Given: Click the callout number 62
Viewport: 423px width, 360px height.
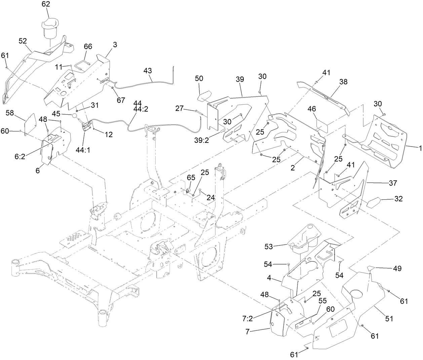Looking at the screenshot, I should click(46, 4).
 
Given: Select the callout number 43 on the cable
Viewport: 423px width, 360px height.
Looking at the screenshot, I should click(148, 71).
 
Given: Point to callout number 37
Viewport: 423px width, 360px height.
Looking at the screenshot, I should click(393, 183).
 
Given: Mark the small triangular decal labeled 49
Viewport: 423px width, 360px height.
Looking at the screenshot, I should click(371, 268).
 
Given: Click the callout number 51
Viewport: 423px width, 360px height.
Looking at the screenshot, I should click(389, 318).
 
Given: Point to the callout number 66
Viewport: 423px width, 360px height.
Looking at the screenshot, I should click(88, 47).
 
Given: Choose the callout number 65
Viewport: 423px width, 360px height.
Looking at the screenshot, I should click(191, 177).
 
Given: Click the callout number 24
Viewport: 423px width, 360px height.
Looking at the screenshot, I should click(210, 198).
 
